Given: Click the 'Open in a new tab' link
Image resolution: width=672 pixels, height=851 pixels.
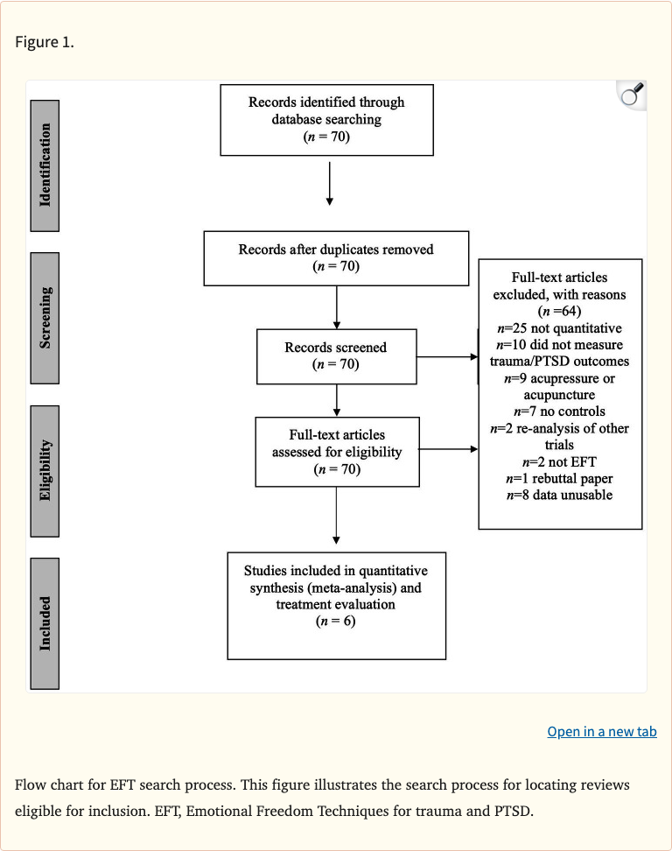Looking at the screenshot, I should tap(601, 731).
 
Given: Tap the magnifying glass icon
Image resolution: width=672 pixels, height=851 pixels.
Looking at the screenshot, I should tap(631, 95).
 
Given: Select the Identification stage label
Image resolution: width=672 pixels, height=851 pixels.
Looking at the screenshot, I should tap(45, 165).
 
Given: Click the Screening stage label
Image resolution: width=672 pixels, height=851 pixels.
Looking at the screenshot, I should tap(45, 318).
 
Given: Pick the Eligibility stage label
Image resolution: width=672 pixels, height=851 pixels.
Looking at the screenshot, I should tap(45, 470).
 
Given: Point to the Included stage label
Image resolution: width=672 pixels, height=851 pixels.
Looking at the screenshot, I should tap(45, 622).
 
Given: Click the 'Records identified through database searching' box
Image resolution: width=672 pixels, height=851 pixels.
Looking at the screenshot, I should tap(326, 120).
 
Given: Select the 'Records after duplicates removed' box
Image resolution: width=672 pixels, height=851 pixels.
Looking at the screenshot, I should tap(336, 257).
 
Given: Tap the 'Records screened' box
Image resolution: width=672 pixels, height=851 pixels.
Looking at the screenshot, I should tap(336, 355).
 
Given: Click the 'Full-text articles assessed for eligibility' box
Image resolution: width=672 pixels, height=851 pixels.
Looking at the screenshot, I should tap(336, 452).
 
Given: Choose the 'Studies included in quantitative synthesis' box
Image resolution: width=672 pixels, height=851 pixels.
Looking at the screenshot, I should tap(336, 604).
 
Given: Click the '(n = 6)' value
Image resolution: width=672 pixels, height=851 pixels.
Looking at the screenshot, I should tap(336, 622).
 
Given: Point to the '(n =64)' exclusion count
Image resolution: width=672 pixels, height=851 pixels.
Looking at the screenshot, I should tap(560, 311).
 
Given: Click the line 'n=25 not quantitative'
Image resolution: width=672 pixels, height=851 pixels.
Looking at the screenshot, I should tap(560, 328).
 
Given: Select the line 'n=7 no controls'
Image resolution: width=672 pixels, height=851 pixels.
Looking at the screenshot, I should tap(560, 411).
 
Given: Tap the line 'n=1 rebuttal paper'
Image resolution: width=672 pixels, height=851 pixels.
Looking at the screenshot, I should tap(560, 479).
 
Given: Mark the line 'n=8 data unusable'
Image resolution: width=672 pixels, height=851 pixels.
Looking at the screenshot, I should tap(560, 496).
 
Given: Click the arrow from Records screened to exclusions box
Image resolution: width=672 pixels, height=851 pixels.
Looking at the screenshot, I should tap(447, 357).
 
